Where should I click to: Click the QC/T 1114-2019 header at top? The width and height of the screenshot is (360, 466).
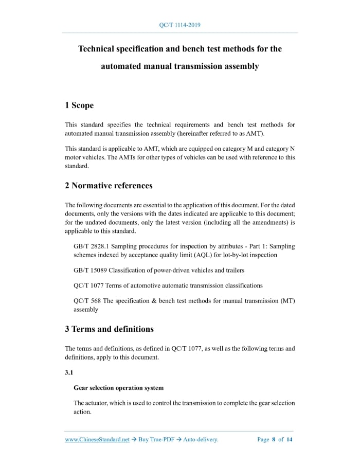[179, 25]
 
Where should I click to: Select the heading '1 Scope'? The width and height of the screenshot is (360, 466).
[79, 105]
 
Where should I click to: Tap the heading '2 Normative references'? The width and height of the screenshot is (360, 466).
[109, 185]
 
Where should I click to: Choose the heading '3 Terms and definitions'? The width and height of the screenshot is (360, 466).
[109, 329]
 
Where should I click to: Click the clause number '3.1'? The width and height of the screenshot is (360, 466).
[69, 373]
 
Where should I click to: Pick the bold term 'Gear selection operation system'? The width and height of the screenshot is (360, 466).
[119, 388]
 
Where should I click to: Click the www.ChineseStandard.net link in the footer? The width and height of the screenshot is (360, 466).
[97, 440]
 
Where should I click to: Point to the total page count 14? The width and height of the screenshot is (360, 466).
[290, 440]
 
